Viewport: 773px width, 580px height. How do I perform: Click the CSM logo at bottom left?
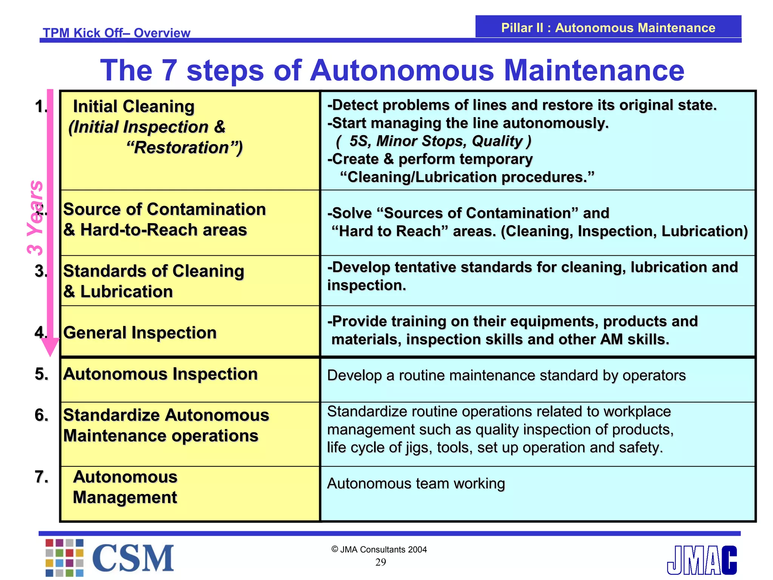click(x=109, y=557)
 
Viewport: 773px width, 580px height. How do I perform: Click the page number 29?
click(x=380, y=562)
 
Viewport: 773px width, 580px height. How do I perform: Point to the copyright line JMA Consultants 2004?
click(x=379, y=549)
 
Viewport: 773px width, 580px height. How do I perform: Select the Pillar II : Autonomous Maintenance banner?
click(x=608, y=28)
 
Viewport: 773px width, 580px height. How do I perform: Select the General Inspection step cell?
click(x=140, y=333)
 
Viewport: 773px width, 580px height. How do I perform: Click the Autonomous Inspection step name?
click(x=160, y=374)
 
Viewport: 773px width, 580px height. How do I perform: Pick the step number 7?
click(x=42, y=477)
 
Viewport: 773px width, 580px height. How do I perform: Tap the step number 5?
click(x=42, y=374)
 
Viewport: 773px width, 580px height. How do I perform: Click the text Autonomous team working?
click(x=416, y=483)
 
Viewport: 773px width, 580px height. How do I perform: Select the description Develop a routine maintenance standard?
click(x=506, y=375)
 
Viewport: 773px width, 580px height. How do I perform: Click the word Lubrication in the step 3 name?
click(x=126, y=292)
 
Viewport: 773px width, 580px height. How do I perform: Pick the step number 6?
click(x=42, y=415)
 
